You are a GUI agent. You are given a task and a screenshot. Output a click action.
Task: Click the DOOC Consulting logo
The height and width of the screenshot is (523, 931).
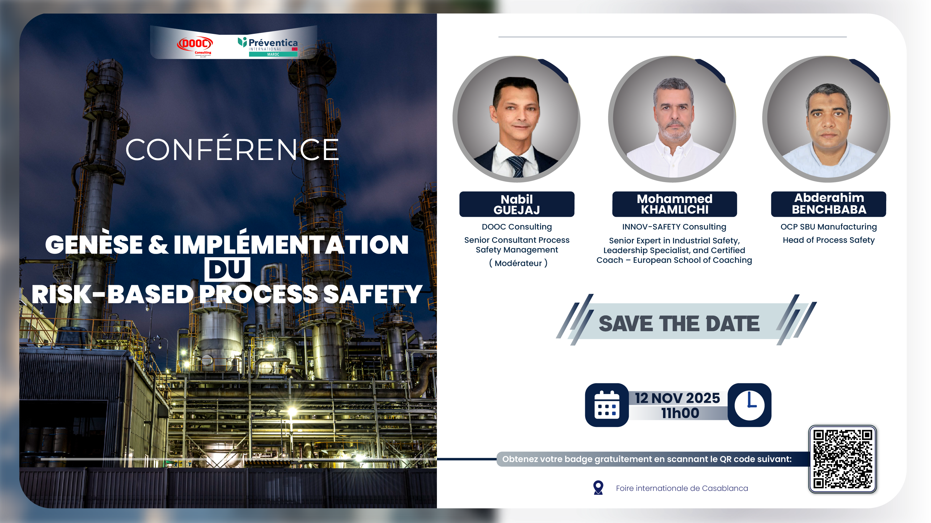click(x=195, y=47)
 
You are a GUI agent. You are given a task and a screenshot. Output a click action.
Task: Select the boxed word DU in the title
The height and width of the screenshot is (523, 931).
click(x=227, y=269)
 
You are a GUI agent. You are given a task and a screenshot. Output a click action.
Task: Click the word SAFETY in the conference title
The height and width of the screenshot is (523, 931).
click(x=373, y=294)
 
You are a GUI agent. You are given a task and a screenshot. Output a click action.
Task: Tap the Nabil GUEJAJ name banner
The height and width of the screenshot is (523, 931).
click(x=517, y=204)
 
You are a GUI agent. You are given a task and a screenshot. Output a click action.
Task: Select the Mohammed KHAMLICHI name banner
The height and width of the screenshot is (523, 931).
click(x=675, y=204)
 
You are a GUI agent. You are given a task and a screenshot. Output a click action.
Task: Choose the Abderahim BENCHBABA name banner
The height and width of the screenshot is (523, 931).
click(x=829, y=204)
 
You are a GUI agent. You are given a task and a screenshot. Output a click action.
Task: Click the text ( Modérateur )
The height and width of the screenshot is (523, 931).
click(x=518, y=263)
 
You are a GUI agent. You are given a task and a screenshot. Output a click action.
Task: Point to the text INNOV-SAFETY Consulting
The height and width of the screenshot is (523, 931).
click(x=674, y=227)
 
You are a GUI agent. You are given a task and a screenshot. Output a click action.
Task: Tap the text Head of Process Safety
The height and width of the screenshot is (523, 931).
click(x=829, y=240)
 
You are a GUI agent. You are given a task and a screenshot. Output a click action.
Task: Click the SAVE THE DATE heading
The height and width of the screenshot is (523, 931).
click(x=679, y=323)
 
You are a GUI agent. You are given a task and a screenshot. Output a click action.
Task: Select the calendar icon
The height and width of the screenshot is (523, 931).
click(x=607, y=405)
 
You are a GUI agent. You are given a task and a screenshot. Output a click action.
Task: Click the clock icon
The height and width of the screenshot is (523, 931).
click(x=750, y=405)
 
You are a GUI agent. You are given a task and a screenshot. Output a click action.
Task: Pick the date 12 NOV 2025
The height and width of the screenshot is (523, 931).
click(x=678, y=398)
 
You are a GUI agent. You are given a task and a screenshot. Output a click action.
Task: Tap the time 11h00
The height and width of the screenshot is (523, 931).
click(x=680, y=413)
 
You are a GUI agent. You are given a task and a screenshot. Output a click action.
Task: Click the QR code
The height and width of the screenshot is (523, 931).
click(x=843, y=459)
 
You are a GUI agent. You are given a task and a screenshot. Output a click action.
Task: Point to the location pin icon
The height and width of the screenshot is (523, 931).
click(x=598, y=488)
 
